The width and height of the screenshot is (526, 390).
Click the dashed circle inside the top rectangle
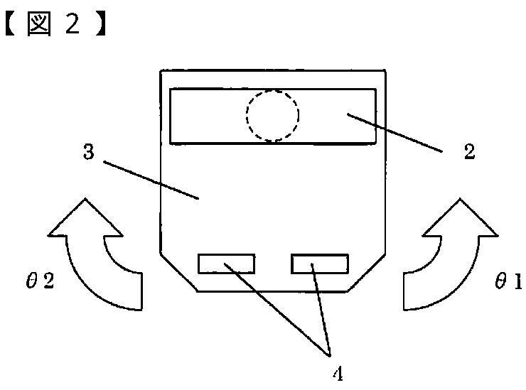(x=272, y=116)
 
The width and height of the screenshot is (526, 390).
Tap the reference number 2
(x=469, y=151)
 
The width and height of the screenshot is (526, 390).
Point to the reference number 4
(x=330, y=372)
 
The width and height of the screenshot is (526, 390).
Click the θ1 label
(x=508, y=283)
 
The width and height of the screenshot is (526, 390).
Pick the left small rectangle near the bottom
(x=226, y=264)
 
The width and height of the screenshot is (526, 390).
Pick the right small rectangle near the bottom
(x=320, y=264)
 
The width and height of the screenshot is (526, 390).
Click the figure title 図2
(x=54, y=26)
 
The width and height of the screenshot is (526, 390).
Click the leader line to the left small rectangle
(x=277, y=309)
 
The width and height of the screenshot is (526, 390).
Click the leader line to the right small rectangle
(x=321, y=309)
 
